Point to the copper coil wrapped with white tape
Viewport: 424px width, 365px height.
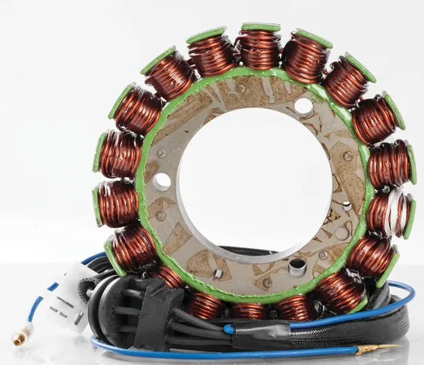pos(390,213)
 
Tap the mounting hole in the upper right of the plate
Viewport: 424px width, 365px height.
pos(304,105)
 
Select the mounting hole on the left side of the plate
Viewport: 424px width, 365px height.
pos(161,182)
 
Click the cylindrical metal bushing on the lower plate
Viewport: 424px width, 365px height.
pos(297,267)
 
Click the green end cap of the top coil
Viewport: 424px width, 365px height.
pos(261,28)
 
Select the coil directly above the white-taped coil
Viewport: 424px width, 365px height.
pos(391,164)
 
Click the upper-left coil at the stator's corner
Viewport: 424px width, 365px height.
pos(168,75)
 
